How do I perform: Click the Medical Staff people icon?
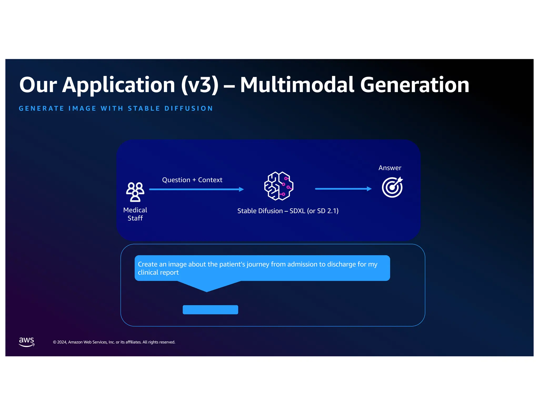pos(135,192)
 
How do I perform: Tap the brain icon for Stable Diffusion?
pos(278,186)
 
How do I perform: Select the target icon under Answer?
pos(392,187)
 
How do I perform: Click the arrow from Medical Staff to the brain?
pos(196,189)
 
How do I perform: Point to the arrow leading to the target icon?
pos(343,189)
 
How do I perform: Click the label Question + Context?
pos(192,180)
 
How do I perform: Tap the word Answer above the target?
pos(390,168)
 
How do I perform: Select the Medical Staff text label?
pos(135,214)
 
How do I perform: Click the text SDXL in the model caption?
pos(297,211)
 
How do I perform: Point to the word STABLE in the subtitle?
pos(144,108)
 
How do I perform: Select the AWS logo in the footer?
pos(27,342)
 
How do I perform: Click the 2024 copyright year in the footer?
pos(62,342)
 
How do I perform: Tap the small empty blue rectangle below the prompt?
pos(210,310)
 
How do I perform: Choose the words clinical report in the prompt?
pos(158,272)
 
